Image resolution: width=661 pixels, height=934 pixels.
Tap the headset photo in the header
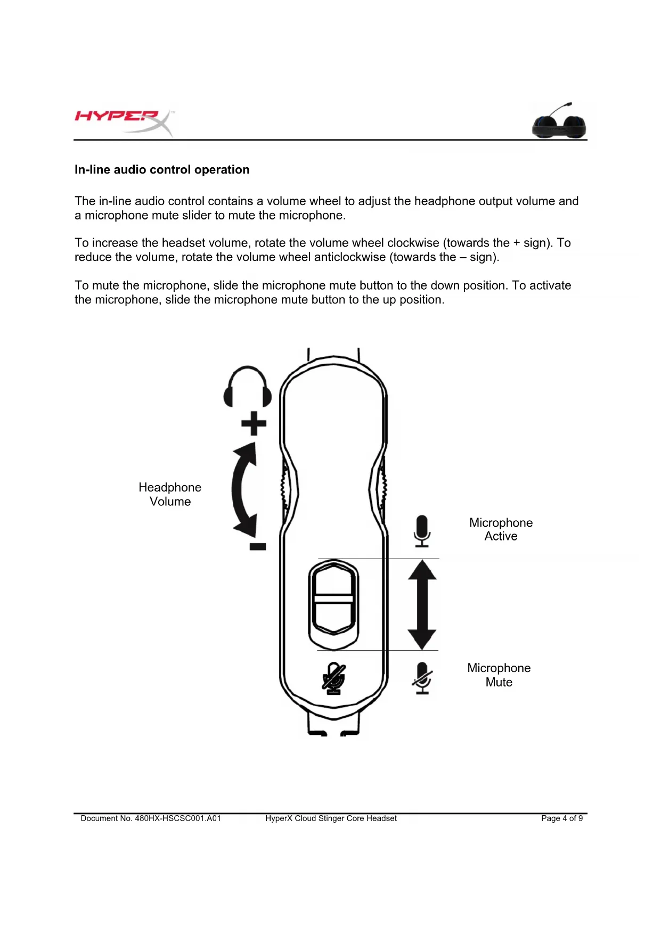(559, 121)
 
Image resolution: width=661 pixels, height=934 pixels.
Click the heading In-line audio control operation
(162, 170)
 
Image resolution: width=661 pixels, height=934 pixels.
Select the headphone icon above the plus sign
(248, 387)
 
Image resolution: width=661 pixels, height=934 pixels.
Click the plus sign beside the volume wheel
(254, 423)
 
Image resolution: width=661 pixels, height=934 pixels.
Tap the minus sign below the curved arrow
(258, 546)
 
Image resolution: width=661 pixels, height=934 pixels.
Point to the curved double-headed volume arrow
(244, 489)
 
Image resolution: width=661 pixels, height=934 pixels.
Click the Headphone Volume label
(170, 494)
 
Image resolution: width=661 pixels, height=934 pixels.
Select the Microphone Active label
(501, 529)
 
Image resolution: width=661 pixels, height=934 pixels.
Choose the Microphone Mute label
(499, 675)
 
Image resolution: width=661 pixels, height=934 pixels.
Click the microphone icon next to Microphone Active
(422, 531)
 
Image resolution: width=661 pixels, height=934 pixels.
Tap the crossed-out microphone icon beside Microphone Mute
(422, 678)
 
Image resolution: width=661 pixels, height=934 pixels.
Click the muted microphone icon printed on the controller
(334, 678)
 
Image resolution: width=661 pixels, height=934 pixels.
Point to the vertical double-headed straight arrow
(422, 604)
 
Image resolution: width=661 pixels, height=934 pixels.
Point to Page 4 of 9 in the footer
(561, 818)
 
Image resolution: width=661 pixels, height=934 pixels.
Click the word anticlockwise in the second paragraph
(350, 257)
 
